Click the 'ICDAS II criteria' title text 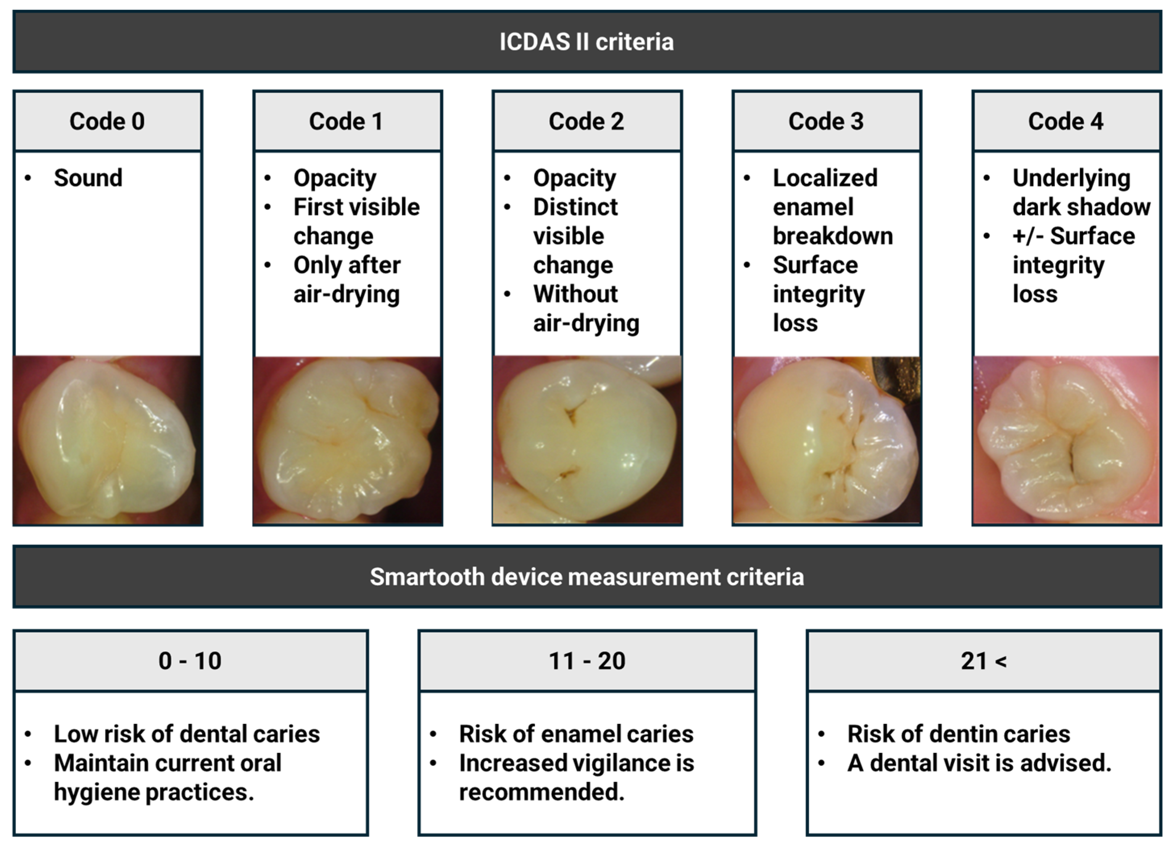coord(587,42)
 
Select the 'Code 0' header coord(108,121)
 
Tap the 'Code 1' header coord(347,121)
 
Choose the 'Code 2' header coord(587,121)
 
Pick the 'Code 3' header coord(827,121)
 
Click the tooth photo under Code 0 coord(108,441)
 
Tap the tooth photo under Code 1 coord(347,441)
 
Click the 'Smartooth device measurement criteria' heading coord(587,577)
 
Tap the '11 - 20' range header coord(587,661)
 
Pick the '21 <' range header coord(983,661)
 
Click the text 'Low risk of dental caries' coord(187,734)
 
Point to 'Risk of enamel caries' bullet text coord(576,734)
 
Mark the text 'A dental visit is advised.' coord(979,763)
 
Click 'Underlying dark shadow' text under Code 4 coord(1082,193)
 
